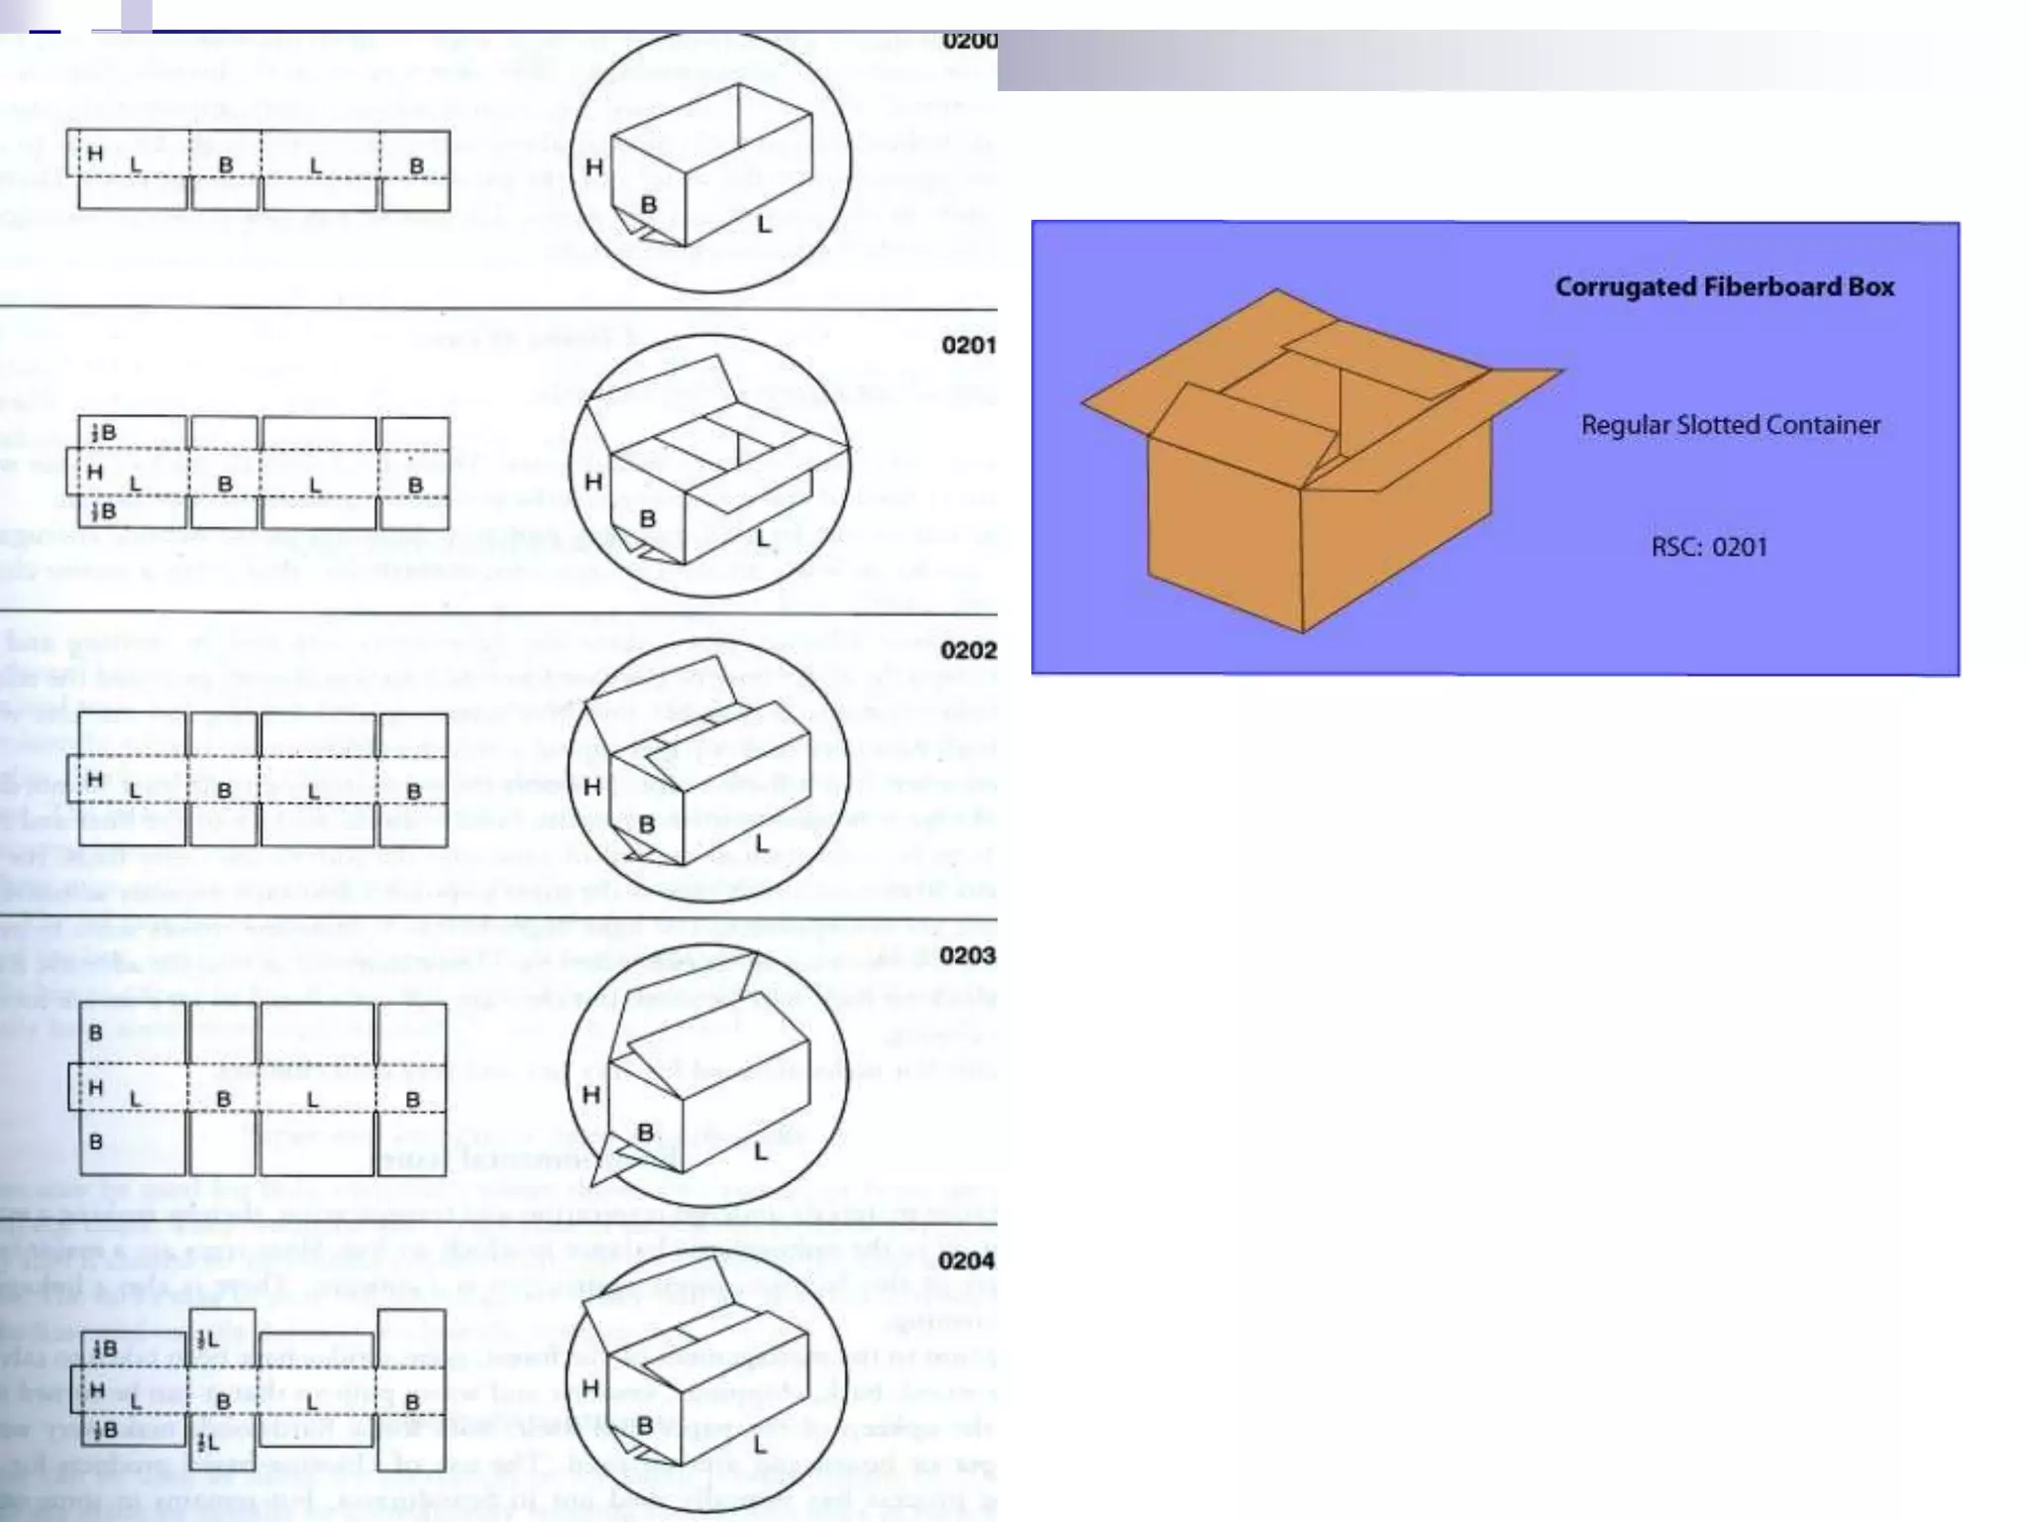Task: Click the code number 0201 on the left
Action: point(968,345)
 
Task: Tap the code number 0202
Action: point(968,650)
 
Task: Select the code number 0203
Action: point(967,955)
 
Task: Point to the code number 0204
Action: point(966,1260)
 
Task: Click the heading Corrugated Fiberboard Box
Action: point(1724,287)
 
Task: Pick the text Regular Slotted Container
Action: point(1730,425)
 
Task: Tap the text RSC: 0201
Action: point(1709,547)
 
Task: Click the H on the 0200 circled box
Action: point(593,167)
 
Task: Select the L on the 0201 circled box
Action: point(761,538)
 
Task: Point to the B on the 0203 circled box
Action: point(645,1132)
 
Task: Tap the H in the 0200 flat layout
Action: point(95,154)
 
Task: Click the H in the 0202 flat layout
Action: point(95,780)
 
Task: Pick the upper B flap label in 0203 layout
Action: point(95,1033)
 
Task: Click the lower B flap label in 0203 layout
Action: point(95,1141)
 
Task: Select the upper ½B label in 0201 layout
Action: point(103,433)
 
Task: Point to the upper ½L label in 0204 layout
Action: point(207,1341)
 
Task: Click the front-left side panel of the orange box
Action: point(1224,535)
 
